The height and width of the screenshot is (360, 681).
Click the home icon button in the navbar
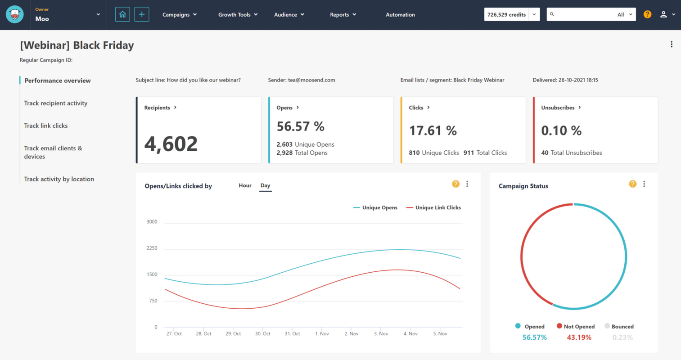click(x=122, y=14)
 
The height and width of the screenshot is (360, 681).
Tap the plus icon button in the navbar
click(x=142, y=14)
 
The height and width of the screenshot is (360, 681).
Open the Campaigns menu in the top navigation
click(x=179, y=15)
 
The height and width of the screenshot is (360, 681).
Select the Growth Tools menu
click(x=238, y=15)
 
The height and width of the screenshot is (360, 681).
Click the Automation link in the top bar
click(x=400, y=15)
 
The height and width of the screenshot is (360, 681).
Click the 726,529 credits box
click(x=506, y=15)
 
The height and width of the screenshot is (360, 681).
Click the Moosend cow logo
click(x=15, y=14)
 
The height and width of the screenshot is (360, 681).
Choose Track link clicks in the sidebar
click(x=46, y=126)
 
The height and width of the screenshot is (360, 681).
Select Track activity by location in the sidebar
click(x=59, y=179)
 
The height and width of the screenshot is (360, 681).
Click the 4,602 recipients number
click(x=171, y=144)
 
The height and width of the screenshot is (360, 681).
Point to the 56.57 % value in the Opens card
click(x=300, y=126)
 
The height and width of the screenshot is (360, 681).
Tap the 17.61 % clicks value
click(x=433, y=130)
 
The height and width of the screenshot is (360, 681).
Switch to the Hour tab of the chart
click(x=245, y=185)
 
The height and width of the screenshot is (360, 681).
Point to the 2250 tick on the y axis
click(x=152, y=248)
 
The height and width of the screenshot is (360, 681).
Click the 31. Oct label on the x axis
click(x=292, y=334)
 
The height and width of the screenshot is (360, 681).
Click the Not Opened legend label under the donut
click(x=579, y=327)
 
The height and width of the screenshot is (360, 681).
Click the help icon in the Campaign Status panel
click(x=632, y=184)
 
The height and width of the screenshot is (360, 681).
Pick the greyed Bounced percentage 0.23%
click(x=622, y=337)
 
